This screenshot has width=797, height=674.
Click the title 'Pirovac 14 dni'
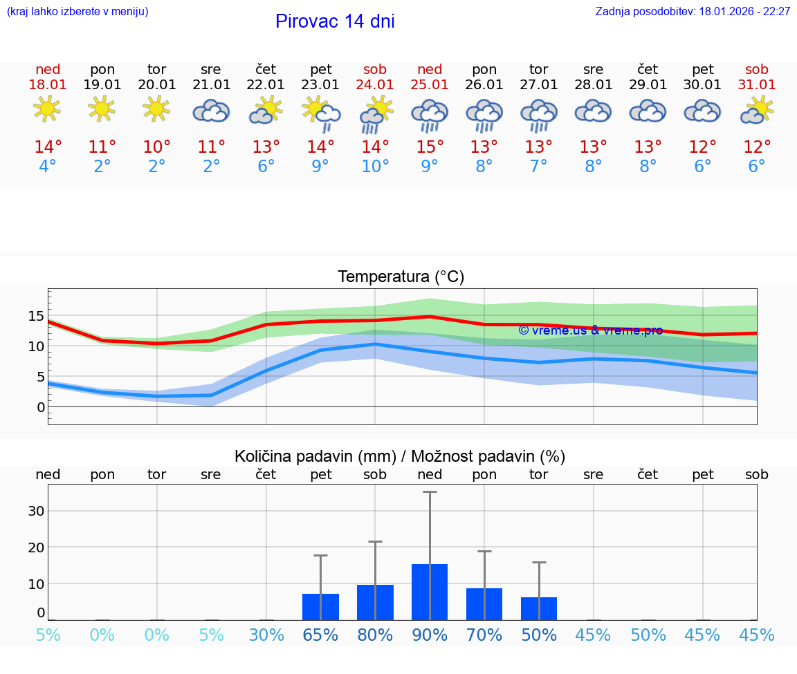point(335,21)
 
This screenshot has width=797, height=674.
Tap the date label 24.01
point(375,84)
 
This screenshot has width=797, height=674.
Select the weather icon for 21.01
point(211,111)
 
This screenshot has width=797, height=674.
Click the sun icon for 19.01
point(102,109)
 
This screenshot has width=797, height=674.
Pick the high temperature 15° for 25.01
point(430,147)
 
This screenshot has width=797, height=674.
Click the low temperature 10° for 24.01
point(375,167)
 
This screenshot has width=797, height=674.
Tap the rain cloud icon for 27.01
point(539,113)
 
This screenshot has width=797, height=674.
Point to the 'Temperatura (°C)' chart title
point(401,277)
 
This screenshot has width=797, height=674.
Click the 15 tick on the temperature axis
point(36,316)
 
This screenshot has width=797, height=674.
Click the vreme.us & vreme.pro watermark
point(590,330)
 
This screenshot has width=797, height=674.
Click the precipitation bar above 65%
point(320,606)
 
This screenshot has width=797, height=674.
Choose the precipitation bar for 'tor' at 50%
point(539,608)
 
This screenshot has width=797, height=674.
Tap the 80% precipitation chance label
point(375,635)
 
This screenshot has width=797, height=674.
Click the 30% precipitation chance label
point(266,635)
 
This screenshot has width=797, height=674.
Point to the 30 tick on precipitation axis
point(36,511)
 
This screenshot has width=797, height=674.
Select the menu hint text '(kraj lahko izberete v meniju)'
point(77,12)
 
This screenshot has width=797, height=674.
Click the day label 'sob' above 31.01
point(757,69)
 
